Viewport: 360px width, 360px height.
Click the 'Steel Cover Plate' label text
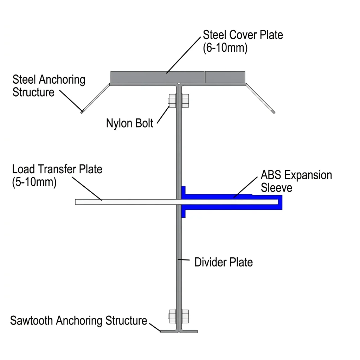coord(243,35)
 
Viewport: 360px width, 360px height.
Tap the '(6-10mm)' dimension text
coord(225,48)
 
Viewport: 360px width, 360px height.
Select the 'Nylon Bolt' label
coord(129,123)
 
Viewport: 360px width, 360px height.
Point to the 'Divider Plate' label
coord(223,262)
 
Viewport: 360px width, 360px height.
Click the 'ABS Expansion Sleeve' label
coord(296,181)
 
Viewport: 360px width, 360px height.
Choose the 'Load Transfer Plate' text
coord(57,169)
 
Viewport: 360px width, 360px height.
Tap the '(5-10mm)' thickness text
coord(34,182)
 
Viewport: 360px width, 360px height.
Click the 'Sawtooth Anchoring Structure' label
coord(78,321)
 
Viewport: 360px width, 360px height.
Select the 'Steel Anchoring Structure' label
coord(49,86)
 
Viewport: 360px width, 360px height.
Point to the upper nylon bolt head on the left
coord(172,101)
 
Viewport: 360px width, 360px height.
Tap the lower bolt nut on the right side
coord(185,316)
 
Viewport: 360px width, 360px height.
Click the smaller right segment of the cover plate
coord(225,77)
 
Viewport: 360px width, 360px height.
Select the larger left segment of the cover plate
coord(157,77)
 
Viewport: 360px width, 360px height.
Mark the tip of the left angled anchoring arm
coord(82,112)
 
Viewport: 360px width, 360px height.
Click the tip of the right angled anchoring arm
coord(274,112)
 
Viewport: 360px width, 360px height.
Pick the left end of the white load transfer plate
coord(76,202)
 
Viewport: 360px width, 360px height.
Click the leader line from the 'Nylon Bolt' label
coord(163,115)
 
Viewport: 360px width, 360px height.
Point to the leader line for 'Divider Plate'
coord(184,260)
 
